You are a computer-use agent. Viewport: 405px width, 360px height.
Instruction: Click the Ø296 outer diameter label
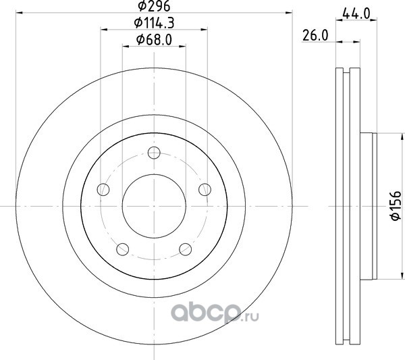click(154, 6)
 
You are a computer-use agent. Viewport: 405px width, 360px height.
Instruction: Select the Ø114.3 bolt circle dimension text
click(154, 23)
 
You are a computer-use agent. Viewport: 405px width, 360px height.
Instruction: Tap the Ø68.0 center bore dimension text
click(154, 40)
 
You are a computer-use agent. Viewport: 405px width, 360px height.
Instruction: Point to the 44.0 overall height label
click(356, 14)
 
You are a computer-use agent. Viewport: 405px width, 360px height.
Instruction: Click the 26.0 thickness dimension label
click(315, 35)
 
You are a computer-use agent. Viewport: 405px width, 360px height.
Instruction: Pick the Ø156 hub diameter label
click(396, 206)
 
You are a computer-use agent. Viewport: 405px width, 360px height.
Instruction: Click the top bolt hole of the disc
click(154, 153)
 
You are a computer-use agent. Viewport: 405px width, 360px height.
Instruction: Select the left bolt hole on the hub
click(103, 190)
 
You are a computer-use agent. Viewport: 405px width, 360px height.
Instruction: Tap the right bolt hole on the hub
click(205, 189)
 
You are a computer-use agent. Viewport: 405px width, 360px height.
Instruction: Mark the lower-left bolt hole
click(123, 249)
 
